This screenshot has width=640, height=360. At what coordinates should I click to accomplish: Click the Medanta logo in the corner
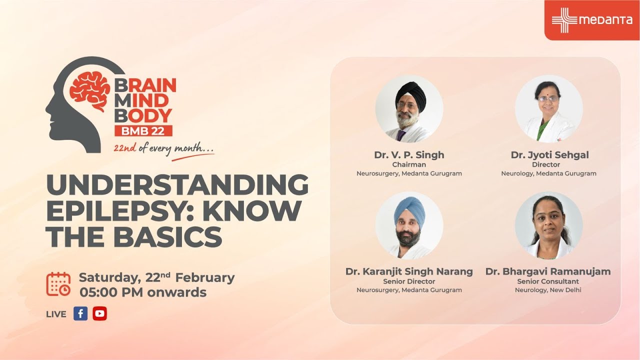(x=592, y=20)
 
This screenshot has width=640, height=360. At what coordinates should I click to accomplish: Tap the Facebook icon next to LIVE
(x=80, y=313)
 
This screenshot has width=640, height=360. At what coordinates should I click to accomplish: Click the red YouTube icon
(x=99, y=313)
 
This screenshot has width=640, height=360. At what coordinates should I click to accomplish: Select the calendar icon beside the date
(x=58, y=284)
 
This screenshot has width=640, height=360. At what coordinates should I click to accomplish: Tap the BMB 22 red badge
(x=143, y=130)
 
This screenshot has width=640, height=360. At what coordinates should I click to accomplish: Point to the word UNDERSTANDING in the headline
(x=177, y=185)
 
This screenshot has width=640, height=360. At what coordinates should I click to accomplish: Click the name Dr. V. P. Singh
(x=409, y=155)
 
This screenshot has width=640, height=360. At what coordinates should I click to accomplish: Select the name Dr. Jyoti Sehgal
(x=549, y=155)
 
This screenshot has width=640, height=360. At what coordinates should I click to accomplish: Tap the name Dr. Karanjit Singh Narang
(x=409, y=271)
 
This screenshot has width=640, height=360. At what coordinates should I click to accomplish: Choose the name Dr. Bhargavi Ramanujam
(x=548, y=271)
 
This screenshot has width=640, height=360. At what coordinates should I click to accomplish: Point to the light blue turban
(x=409, y=209)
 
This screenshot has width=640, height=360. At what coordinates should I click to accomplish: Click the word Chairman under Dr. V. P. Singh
(x=409, y=164)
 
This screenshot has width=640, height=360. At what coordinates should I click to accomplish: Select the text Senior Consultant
(x=548, y=281)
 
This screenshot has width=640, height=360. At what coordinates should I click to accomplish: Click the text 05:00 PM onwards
(x=143, y=292)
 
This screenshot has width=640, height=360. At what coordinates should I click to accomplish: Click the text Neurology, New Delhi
(x=548, y=290)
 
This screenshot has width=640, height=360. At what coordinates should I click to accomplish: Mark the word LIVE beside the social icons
(x=56, y=314)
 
